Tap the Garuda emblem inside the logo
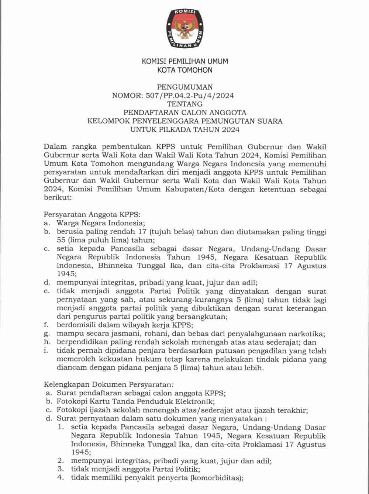click(x=184, y=27)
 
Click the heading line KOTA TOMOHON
click(x=185, y=70)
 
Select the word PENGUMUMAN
click(x=185, y=87)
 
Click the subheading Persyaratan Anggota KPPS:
click(x=93, y=214)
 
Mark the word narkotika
click(x=305, y=334)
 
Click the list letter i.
click(x=46, y=351)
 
